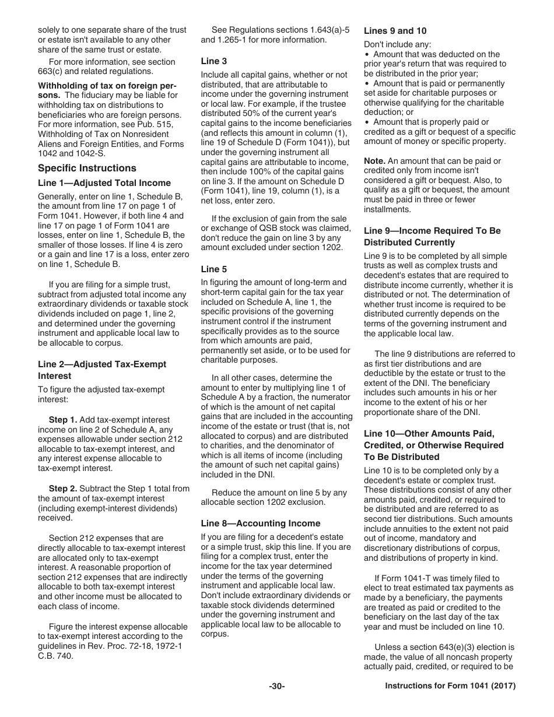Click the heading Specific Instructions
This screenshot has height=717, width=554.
point(87,168)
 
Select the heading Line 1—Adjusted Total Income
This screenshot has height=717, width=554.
point(104,183)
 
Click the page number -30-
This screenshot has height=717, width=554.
point(276,687)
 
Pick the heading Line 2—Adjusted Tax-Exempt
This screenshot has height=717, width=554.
point(102,364)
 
